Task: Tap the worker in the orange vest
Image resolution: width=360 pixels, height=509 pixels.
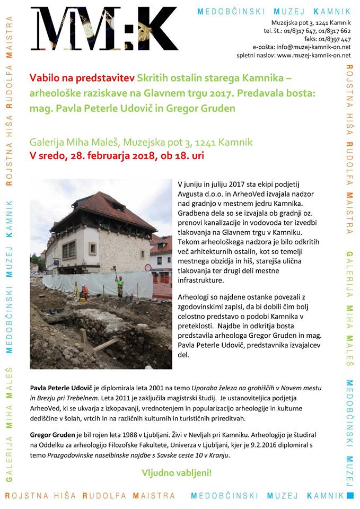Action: coord(120,286)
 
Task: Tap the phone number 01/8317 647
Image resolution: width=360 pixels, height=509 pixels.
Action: coord(302,31)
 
